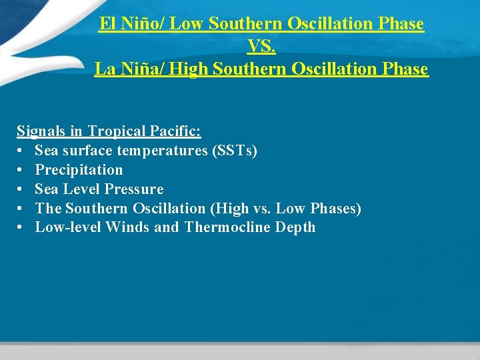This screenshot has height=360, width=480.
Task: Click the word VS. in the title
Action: pos(261,46)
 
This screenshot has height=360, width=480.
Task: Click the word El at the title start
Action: pos(107,24)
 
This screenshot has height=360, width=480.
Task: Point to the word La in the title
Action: pos(104,69)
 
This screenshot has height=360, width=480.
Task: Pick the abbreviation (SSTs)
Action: pos(234,151)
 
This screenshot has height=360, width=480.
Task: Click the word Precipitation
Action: pos(79,170)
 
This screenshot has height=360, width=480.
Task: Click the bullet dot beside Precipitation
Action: pos(21,170)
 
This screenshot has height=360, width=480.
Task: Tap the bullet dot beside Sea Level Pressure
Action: pos(21,189)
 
